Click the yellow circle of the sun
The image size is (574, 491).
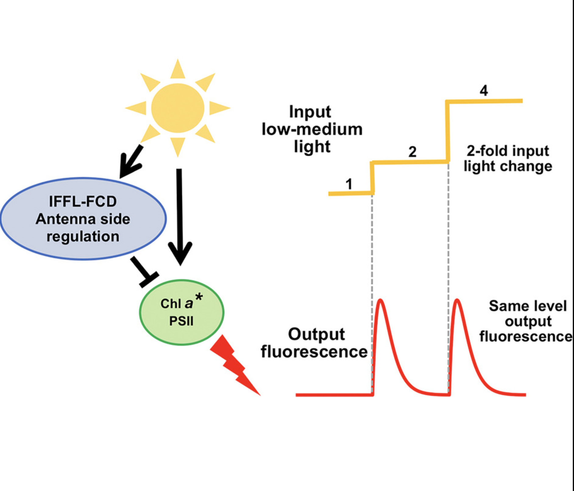click(x=178, y=108)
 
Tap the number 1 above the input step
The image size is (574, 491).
click(x=349, y=184)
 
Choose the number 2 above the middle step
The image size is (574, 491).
click(x=412, y=152)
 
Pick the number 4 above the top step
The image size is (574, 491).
click(x=484, y=90)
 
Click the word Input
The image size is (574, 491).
click(x=310, y=112)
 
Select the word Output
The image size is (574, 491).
click(x=316, y=334)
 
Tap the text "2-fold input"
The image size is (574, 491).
click(x=508, y=151)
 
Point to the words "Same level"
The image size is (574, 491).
click(x=528, y=306)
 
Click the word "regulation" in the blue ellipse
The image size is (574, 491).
click(x=83, y=237)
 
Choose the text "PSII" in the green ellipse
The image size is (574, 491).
click(x=181, y=321)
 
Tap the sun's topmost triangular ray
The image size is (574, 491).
click(x=178, y=69)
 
